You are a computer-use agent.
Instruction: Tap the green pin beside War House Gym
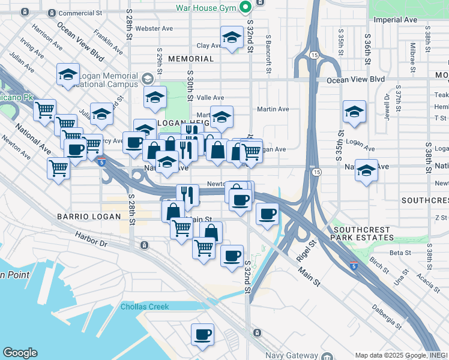[x=245, y=8]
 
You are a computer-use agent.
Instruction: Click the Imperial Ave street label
[x=395, y=20]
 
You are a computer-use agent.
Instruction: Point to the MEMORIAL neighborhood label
[x=191, y=59]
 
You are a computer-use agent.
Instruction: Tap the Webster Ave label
[x=154, y=28]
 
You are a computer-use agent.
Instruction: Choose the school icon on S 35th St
[x=354, y=112]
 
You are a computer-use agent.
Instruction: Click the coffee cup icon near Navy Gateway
[x=202, y=334]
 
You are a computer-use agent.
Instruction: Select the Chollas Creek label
[x=145, y=307]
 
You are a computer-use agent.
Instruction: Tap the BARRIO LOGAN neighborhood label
[x=82, y=215]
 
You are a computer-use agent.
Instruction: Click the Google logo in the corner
[x=20, y=353]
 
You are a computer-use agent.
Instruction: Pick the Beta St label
[x=398, y=253]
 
